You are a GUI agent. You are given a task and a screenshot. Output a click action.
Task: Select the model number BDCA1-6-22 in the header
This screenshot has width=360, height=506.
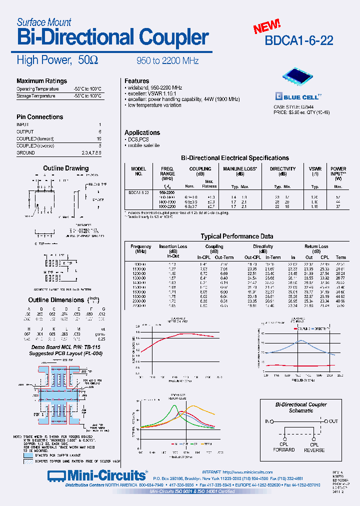click(x=299, y=40)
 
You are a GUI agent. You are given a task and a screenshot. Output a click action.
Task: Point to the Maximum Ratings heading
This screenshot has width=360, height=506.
click(x=41, y=81)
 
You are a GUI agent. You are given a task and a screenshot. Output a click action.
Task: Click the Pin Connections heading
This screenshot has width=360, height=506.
click(x=40, y=117)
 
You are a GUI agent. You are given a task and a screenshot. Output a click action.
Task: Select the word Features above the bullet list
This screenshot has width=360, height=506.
click(x=136, y=81)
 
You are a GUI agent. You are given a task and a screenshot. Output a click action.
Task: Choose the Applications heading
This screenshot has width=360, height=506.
click(x=142, y=132)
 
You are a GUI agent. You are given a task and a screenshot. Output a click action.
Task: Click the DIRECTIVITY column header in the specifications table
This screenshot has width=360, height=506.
click(x=282, y=169)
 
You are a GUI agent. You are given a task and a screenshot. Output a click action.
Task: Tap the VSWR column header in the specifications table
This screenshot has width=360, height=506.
click(x=314, y=169)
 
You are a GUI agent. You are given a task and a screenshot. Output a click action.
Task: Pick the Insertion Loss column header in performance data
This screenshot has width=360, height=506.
click(x=173, y=246)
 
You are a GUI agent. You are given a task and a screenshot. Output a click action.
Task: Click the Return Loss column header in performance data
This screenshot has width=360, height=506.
click(x=316, y=246)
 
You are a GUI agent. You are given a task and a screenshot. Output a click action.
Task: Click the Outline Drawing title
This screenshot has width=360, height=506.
click(x=65, y=168)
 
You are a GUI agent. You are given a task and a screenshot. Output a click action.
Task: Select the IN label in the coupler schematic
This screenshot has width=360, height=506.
click(x=267, y=421)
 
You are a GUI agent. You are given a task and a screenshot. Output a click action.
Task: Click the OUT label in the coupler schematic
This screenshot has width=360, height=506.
click(x=333, y=421)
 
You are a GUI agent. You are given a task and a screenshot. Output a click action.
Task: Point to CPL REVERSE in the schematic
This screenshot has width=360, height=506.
click(x=314, y=447)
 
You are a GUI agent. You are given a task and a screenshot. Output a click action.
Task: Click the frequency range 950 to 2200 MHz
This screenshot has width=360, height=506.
click(x=167, y=61)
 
